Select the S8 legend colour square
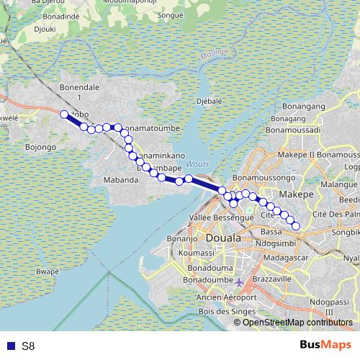point(9,346)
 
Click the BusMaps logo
point(325,345)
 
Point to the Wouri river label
point(197,164)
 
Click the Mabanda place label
point(120,179)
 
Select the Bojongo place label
point(40,147)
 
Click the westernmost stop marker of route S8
point(64,114)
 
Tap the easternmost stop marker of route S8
point(295,226)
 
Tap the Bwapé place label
point(47,271)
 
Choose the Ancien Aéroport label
point(229,297)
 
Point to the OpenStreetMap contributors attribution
point(297,323)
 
